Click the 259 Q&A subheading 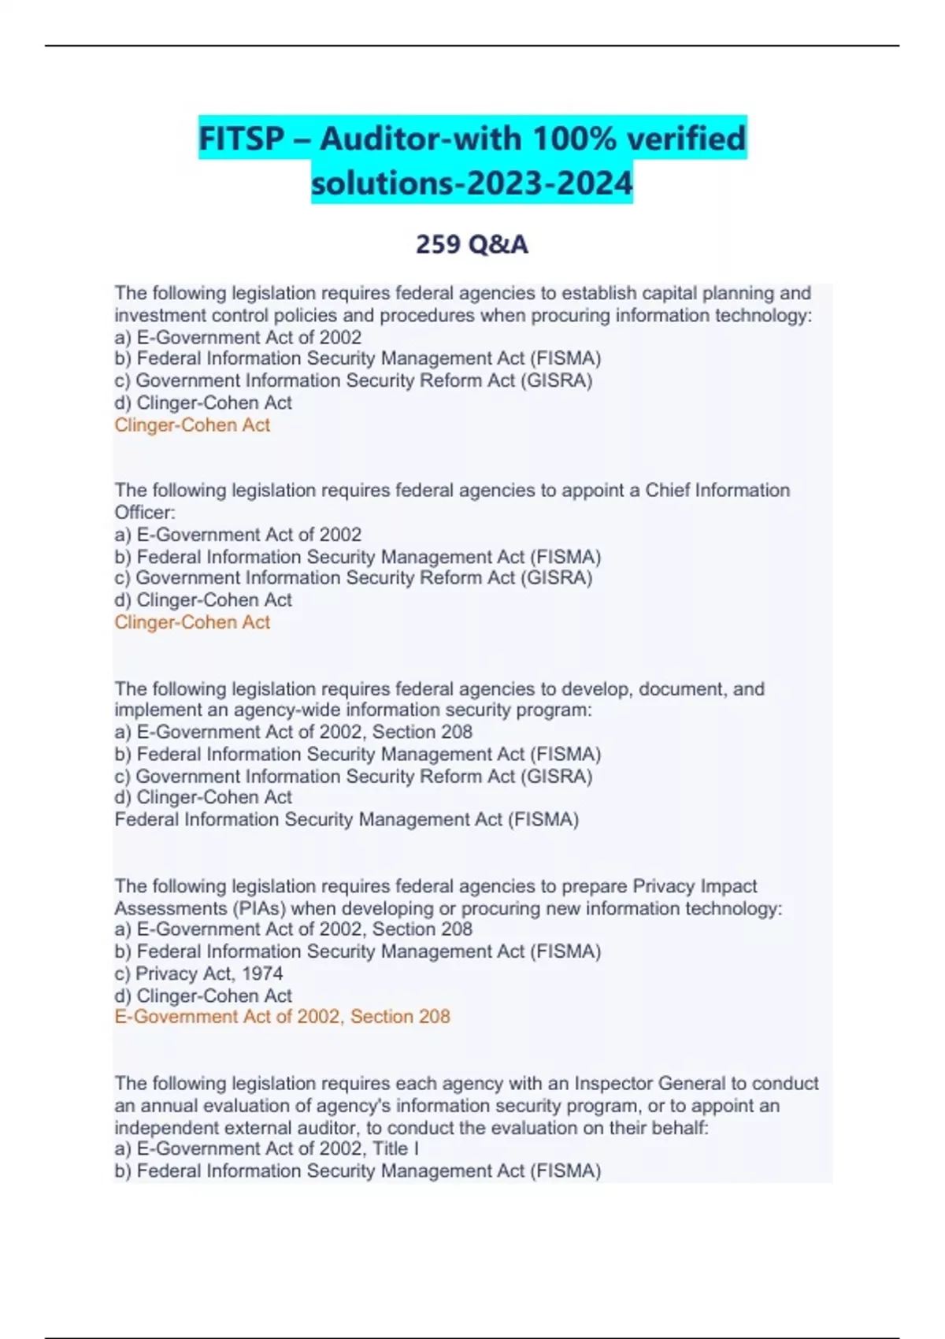click(x=472, y=245)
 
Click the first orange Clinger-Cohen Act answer click(x=192, y=425)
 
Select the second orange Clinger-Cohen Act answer click(x=192, y=622)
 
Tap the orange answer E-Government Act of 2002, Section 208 click(x=282, y=1017)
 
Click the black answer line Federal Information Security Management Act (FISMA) click(x=346, y=820)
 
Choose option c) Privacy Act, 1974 click(x=198, y=974)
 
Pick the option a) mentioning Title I click(x=266, y=1149)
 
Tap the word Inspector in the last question click(x=613, y=1084)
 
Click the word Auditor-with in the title click(x=421, y=139)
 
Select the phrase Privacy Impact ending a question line click(x=695, y=886)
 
